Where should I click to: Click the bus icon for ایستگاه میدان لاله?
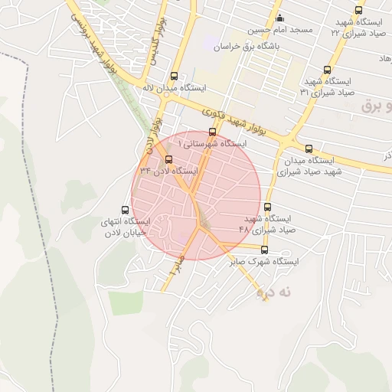click(175, 76)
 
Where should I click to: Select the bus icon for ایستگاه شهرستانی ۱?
click(212, 132)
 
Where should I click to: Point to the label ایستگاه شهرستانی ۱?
click(212, 144)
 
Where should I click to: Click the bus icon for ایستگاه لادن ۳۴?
click(168, 159)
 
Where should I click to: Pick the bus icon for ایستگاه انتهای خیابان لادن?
click(126, 209)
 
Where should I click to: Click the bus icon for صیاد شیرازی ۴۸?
click(267, 207)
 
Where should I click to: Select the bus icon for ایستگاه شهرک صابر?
click(265, 250)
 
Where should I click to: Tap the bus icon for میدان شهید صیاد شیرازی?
click(309, 149)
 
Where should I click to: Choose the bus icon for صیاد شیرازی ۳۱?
click(328, 68)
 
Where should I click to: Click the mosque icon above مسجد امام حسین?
click(279, 18)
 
